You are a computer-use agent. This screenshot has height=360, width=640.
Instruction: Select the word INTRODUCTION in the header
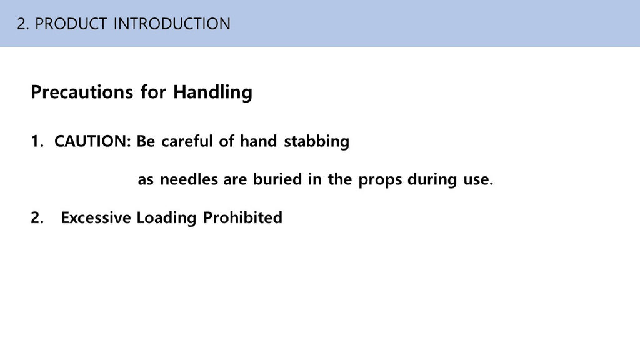point(172,24)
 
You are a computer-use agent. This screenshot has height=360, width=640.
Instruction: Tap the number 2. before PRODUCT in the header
point(23,24)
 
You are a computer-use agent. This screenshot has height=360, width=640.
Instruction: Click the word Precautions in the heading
point(82,92)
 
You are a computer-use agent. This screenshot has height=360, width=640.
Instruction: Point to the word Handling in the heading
point(212,92)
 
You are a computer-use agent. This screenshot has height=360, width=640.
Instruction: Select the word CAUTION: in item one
point(92,141)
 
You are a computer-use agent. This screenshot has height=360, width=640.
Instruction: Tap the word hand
point(259,141)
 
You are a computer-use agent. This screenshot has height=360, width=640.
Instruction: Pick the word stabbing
point(317,142)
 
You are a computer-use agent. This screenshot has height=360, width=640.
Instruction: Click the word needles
point(189,179)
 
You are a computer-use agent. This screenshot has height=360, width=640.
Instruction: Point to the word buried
point(277,179)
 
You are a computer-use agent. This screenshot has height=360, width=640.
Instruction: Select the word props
point(381,180)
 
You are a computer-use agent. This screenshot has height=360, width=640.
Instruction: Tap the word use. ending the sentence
point(478,180)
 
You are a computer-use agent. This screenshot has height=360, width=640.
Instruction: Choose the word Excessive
point(96,217)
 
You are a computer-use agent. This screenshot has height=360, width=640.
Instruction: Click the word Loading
point(166,218)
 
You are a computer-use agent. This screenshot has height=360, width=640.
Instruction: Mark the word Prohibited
point(242,217)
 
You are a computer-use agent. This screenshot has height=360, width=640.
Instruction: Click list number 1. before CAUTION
point(37,142)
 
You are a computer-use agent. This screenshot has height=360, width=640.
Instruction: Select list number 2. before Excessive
point(37,218)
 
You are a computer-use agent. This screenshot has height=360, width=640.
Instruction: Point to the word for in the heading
point(154,92)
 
